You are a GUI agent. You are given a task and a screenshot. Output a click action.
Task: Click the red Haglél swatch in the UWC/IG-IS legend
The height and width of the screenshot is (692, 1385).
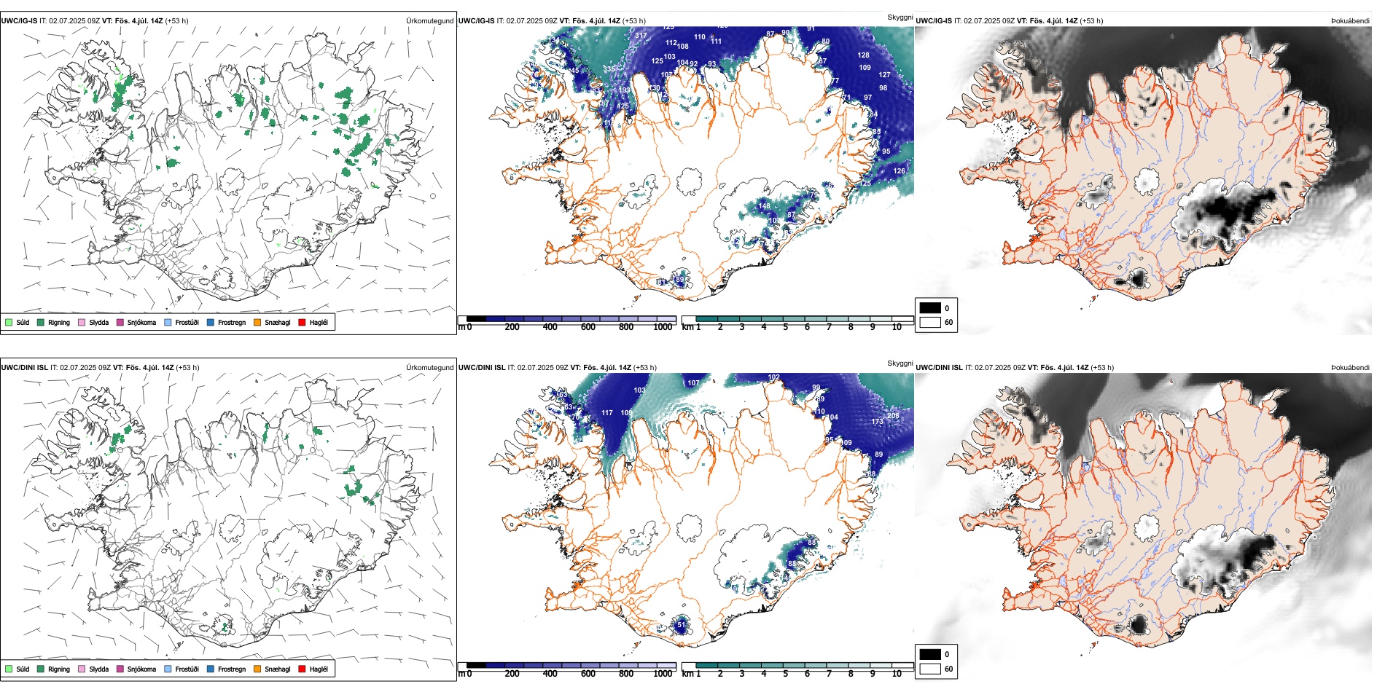click(x=302, y=322)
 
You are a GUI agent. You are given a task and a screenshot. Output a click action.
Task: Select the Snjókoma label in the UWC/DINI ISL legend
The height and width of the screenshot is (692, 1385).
click(x=141, y=669)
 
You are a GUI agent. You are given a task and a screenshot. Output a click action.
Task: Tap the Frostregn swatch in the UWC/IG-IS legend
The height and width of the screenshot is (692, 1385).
click(x=211, y=322)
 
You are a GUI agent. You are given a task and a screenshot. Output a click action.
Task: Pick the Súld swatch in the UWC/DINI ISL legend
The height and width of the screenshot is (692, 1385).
click(x=9, y=669)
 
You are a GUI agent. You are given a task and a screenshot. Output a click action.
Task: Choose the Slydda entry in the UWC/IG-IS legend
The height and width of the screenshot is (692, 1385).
click(x=98, y=322)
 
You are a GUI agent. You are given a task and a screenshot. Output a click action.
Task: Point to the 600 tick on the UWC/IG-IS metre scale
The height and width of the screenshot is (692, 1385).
click(x=588, y=327)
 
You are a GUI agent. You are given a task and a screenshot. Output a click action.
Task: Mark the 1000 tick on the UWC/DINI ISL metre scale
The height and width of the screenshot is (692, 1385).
click(x=663, y=674)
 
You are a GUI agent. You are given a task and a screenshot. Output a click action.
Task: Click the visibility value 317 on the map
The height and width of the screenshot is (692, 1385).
click(x=641, y=35)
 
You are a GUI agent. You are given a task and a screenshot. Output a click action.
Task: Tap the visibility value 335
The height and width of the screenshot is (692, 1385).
click(x=609, y=69)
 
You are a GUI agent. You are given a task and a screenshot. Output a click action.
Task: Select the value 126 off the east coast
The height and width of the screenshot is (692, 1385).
click(x=900, y=171)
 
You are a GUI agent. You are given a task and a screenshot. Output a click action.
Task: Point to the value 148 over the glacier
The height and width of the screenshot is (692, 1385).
click(x=764, y=206)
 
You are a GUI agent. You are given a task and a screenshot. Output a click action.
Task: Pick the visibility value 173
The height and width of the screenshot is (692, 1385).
click(x=877, y=422)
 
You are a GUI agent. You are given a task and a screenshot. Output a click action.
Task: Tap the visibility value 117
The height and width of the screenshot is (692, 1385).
click(x=607, y=413)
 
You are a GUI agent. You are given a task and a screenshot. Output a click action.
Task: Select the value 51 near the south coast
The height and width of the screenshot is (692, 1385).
click(x=681, y=624)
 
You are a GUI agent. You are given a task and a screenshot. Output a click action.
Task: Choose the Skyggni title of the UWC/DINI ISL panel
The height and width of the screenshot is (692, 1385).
click(x=900, y=363)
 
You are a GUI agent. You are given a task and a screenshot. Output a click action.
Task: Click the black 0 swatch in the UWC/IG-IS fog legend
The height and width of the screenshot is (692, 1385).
click(x=930, y=308)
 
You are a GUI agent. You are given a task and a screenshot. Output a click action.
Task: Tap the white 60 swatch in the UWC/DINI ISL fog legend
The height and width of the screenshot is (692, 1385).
click(x=930, y=669)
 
